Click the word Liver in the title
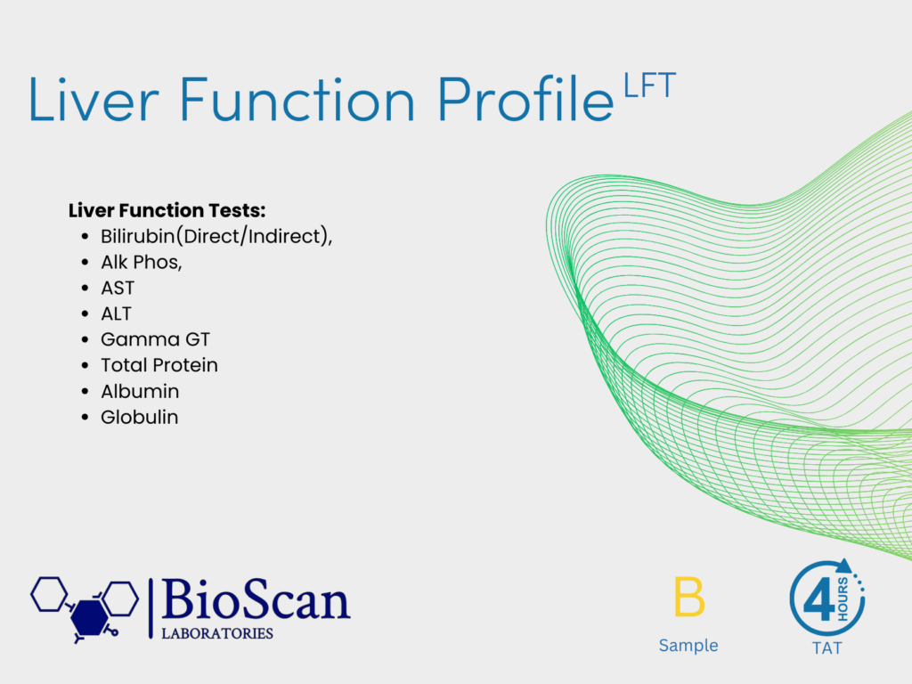click(94, 100)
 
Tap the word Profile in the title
click(525, 98)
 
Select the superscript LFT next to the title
click(649, 85)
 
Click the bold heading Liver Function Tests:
click(167, 210)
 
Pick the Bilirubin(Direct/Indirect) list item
click(216, 236)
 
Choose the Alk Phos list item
click(142, 263)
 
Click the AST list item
click(118, 288)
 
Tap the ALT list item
click(117, 314)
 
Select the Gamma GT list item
click(155, 339)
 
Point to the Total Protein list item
click(159, 365)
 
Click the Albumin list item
click(140, 392)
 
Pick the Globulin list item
click(140, 417)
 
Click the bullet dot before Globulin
click(85, 417)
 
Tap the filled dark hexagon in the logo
click(89, 617)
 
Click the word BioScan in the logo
click(256, 599)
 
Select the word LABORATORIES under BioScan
click(217, 633)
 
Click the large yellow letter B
click(689, 596)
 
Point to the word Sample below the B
click(688, 645)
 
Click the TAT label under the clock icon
click(826, 648)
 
